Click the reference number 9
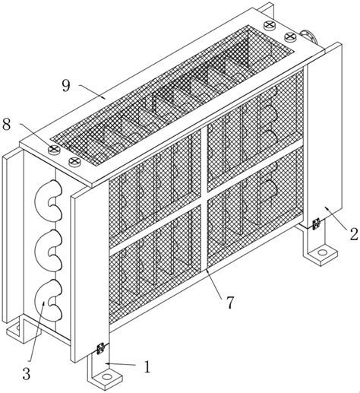click(66, 86)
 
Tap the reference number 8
click(6, 125)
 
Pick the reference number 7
click(229, 303)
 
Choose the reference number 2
click(354, 234)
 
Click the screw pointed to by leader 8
click(54, 149)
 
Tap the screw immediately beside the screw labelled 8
click(74, 161)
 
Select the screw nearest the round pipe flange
click(290, 37)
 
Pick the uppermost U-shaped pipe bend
click(48, 200)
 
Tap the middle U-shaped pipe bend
click(48, 250)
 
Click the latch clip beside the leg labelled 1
click(101, 348)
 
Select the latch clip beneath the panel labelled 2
click(316, 224)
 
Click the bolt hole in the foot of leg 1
click(107, 377)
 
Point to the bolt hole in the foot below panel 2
click(322, 252)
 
